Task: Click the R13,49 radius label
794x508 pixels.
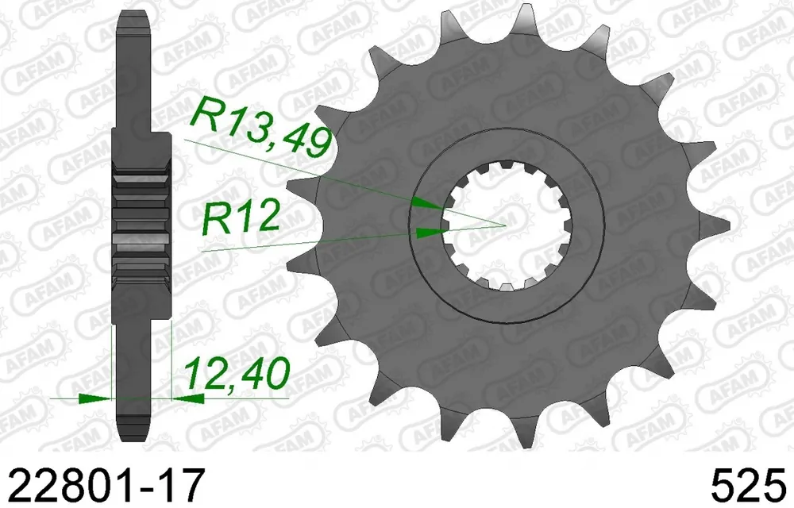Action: pyautogui.click(x=260, y=127)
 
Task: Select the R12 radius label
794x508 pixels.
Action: pyautogui.click(x=241, y=218)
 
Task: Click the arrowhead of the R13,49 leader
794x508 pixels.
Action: pyautogui.click(x=429, y=203)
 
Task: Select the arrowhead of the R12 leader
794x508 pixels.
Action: pyautogui.click(x=431, y=233)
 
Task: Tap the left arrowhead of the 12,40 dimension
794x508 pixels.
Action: pyautogui.click(x=94, y=398)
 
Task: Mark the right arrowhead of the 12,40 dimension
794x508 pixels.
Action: pyautogui.click(x=188, y=398)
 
